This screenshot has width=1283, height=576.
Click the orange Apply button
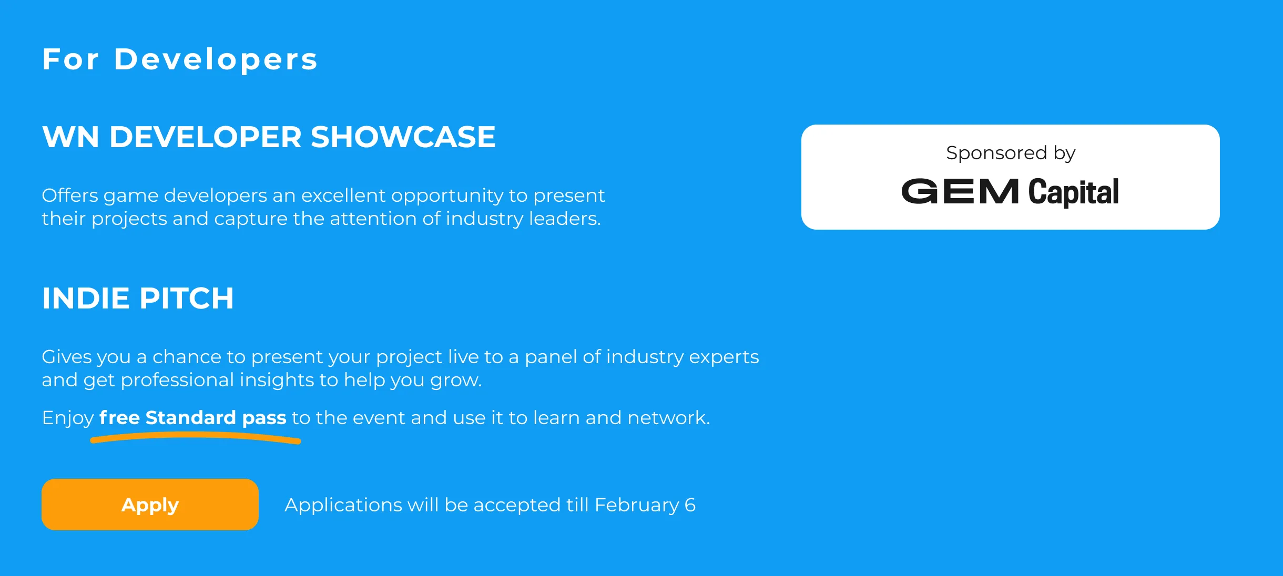point(150,505)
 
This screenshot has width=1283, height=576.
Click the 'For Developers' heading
point(180,59)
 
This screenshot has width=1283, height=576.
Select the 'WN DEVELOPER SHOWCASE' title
point(269,137)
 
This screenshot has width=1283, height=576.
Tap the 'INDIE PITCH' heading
point(138,298)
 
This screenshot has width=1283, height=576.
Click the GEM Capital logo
point(1010,191)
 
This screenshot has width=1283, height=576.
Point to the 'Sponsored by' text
point(1011,153)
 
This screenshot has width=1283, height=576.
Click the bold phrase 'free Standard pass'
point(192,418)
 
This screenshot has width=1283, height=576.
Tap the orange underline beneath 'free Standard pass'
point(196,436)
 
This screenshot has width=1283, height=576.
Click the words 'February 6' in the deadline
point(645,505)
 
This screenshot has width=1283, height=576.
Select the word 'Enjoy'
point(68,418)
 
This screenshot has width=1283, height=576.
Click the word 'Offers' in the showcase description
point(70,196)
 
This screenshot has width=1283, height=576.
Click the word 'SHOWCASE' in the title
point(403,137)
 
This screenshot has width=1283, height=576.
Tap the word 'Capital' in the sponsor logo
point(1074,192)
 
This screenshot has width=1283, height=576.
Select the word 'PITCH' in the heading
point(187,298)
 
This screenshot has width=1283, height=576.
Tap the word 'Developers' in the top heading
point(216,59)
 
